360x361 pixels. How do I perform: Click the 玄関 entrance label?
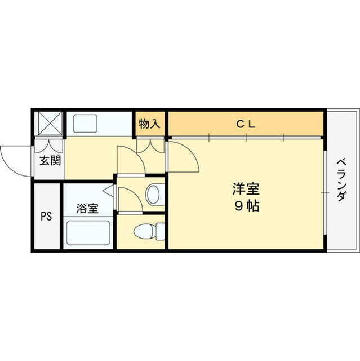[50, 160]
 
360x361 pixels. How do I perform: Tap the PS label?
[46, 217]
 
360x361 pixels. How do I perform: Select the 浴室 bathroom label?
[87, 208]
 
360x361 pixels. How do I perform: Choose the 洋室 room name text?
[247, 188]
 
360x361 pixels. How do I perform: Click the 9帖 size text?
[247, 206]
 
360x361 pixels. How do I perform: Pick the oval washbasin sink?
[153, 195]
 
